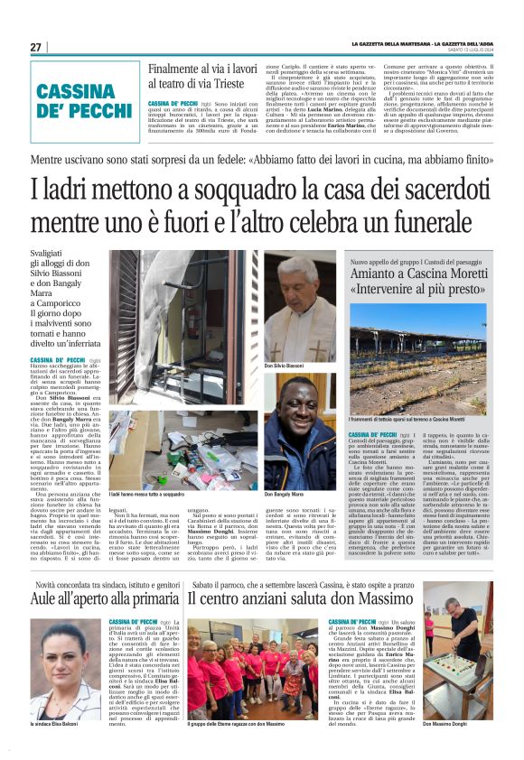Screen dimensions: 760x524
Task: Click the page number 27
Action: tap(36, 47)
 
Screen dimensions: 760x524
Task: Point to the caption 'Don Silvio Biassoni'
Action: tap(285, 366)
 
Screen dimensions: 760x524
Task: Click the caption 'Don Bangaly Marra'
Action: tap(284, 496)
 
